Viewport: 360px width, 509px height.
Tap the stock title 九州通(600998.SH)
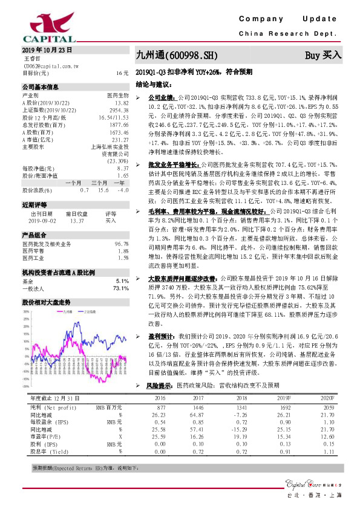(x=176, y=55)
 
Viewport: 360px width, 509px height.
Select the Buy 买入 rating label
(x=323, y=55)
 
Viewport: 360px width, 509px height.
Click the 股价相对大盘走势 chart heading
(x=45, y=300)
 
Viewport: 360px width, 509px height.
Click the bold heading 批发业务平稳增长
(x=173, y=164)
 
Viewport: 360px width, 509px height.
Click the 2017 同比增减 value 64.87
(x=195, y=415)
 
